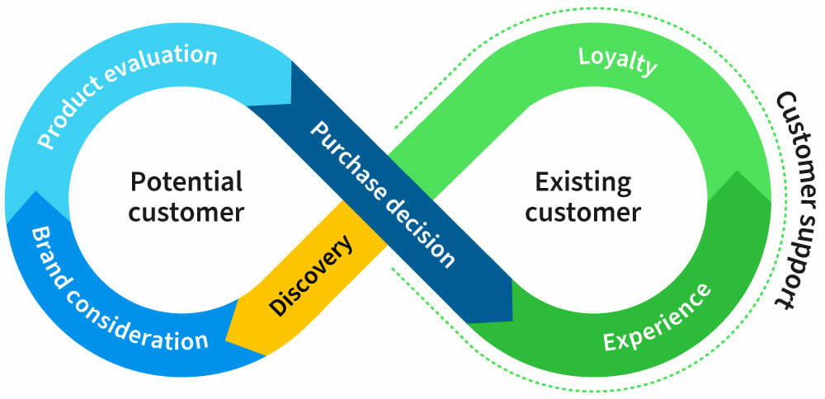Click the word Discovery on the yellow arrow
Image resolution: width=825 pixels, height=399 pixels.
click(x=312, y=276)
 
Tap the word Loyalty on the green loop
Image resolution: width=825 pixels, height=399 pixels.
click(x=617, y=61)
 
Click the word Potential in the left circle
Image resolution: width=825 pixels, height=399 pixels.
click(x=186, y=181)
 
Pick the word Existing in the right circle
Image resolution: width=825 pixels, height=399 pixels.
click(x=583, y=181)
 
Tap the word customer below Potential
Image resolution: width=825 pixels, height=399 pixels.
click(x=186, y=212)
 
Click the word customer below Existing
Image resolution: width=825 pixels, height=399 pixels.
click(x=583, y=212)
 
